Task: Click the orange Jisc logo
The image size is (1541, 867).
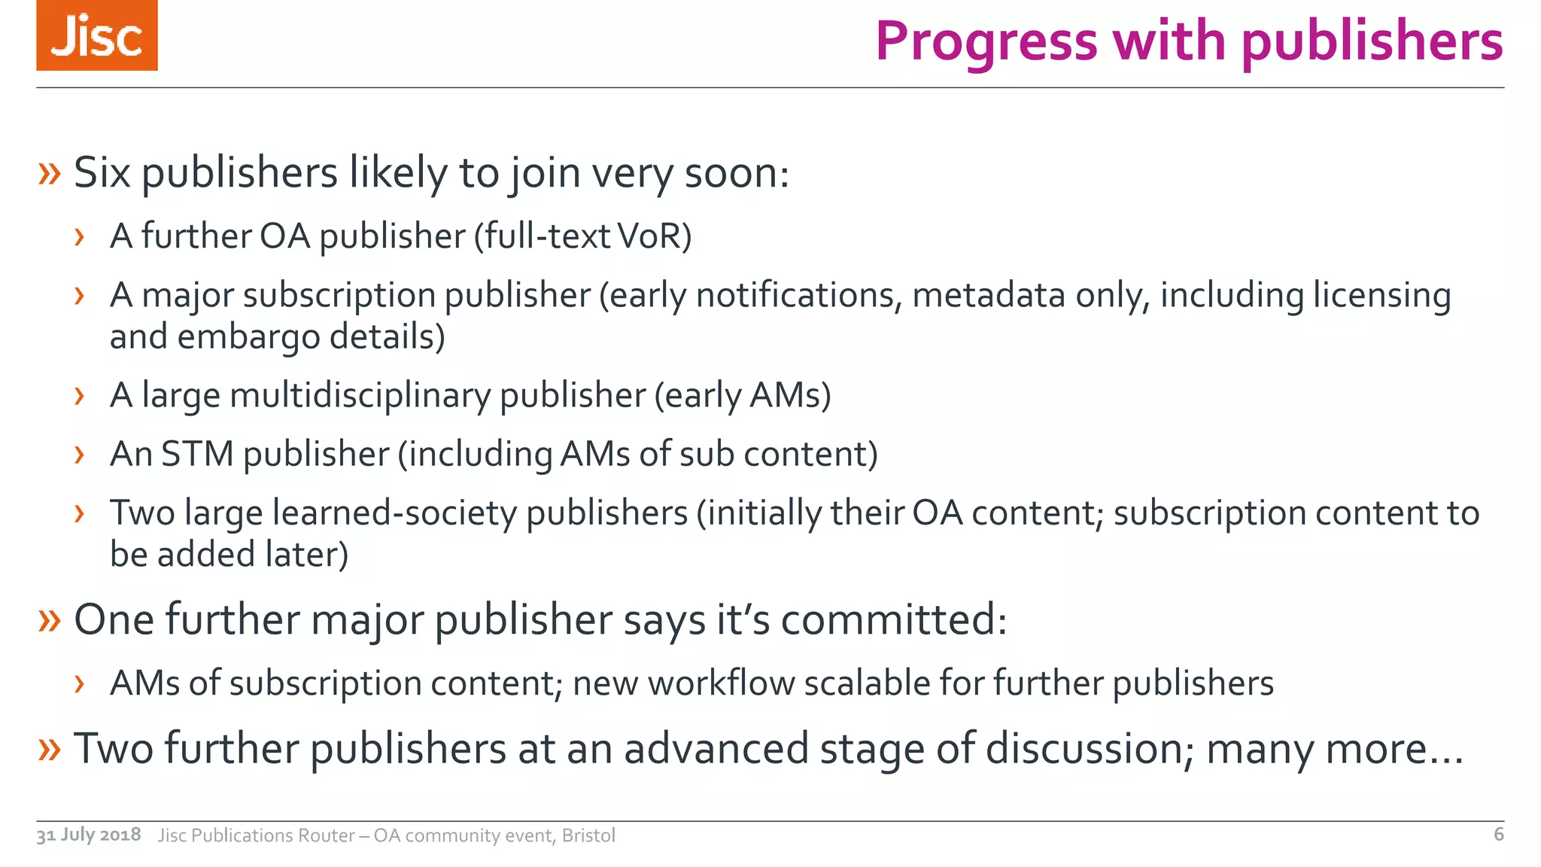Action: pos(97,35)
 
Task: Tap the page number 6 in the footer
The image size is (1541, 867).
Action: pos(1498,834)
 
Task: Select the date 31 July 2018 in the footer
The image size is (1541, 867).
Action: pos(89,835)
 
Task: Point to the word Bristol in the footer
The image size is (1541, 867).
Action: pos(588,835)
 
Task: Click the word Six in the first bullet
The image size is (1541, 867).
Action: pos(102,172)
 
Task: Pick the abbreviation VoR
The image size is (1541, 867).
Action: pos(653,236)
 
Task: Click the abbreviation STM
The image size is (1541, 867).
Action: pos(197,454)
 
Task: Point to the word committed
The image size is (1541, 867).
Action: pos(892,619)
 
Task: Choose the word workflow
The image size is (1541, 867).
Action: pos(721,683)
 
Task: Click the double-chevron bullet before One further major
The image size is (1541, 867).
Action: pos(49,619)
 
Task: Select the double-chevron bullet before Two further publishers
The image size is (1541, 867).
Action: pos(49,748)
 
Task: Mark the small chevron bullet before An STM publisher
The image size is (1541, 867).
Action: pos(79,455)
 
